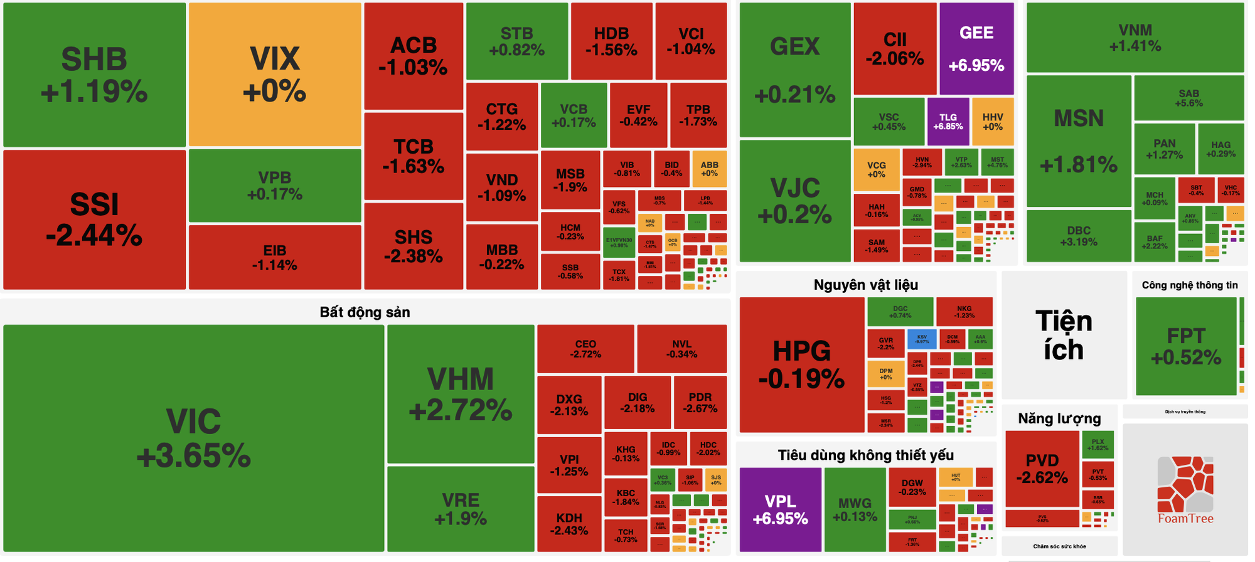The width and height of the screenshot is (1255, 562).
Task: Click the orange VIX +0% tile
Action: (x=275, y=74)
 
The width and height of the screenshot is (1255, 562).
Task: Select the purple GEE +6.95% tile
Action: (x=976, y=48)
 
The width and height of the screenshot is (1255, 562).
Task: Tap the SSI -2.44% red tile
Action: (x=94, y=220)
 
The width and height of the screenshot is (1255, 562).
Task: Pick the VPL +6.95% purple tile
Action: (x=780, y=509)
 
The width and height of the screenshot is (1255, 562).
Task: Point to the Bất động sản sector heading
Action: (x=365, y=312)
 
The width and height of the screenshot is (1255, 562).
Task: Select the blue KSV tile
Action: (x=921, y=339)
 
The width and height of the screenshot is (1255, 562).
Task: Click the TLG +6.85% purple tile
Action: (x=948, y=121)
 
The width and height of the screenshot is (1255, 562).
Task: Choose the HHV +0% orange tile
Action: (x=992, y=121)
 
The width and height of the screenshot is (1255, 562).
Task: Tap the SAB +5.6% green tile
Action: (x=1188, y=98)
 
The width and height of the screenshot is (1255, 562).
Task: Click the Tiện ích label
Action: (x=1064, y=335)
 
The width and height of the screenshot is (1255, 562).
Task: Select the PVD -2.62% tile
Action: (x=1042, y=469)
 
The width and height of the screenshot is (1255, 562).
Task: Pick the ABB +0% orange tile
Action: (x=709, y=169)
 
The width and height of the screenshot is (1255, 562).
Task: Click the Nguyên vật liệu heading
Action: (x=865, y=285)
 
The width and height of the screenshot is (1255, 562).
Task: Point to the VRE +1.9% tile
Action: (x=461, y=509)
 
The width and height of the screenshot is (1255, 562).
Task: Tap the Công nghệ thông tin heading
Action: (x=1189, y=285)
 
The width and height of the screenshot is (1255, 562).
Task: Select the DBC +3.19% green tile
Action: (x=1078, y=235)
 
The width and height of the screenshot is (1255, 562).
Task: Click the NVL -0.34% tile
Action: (x=681, y=349)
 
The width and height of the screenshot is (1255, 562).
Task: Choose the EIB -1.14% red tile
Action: (x=274, y=257)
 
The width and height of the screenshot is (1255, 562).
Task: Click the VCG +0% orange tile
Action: (x=876, y=169)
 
